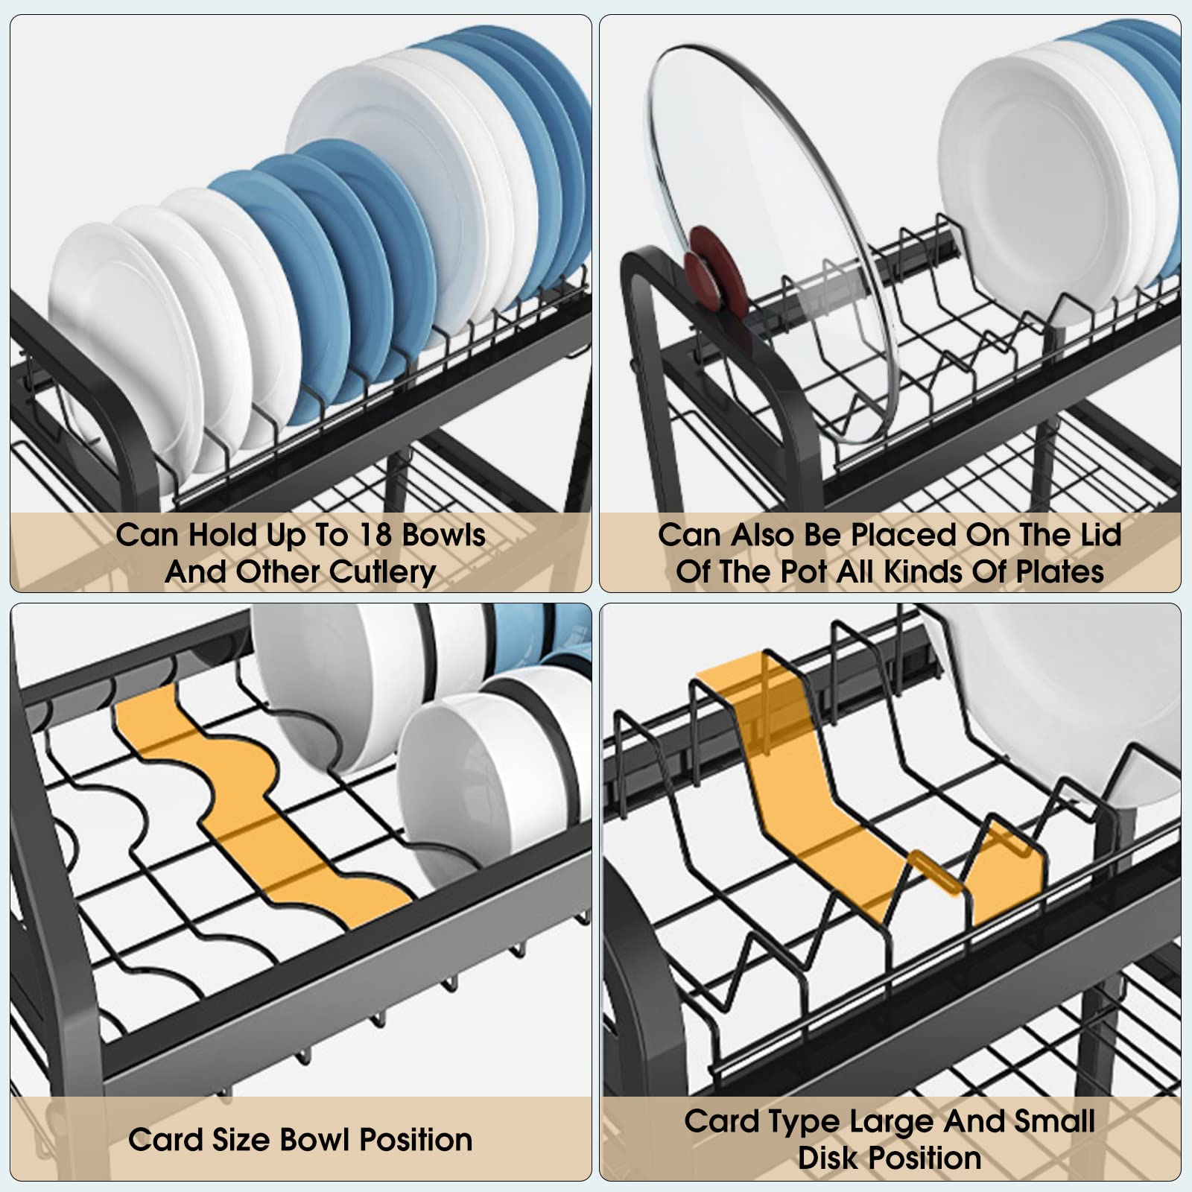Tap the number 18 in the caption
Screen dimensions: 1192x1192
[376, 535]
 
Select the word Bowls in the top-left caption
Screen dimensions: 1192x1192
[444, 535]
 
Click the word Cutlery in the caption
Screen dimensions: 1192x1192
[383, 572]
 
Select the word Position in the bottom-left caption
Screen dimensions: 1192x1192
[416, 1140]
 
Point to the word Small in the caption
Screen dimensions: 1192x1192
[1053, 1121]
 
